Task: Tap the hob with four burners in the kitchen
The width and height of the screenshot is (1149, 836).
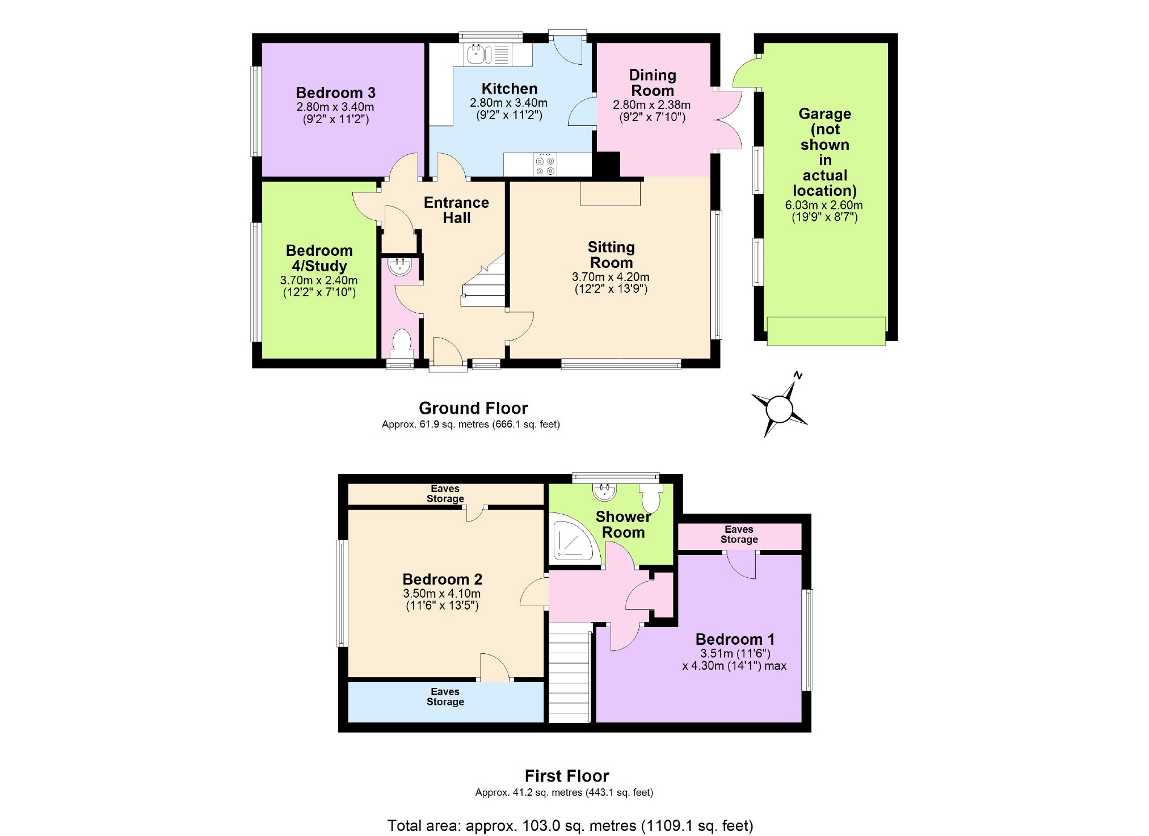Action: [545, 165]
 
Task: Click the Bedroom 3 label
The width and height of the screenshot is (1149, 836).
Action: [335, 93]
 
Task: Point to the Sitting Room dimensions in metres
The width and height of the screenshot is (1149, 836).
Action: [611, 277]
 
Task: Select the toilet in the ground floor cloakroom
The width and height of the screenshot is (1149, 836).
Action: [402, 343]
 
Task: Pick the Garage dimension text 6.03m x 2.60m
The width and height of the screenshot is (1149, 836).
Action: [824, 205]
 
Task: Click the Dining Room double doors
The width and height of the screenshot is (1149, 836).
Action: [727, 119]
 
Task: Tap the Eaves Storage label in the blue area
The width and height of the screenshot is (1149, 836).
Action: [445, 696]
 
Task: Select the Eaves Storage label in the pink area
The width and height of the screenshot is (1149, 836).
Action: [739, 535]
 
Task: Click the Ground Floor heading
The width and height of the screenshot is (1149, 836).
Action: [473, 408]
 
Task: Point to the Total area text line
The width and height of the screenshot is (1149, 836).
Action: [570, 825]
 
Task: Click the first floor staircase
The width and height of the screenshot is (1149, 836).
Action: [570, 673]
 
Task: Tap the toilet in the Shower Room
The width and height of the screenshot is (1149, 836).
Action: [651, 498]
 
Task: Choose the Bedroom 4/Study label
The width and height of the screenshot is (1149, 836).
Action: [319, 258]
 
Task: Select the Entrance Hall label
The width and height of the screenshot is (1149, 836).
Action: [456, 210]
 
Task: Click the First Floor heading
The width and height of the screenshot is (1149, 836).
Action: [567, 776]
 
